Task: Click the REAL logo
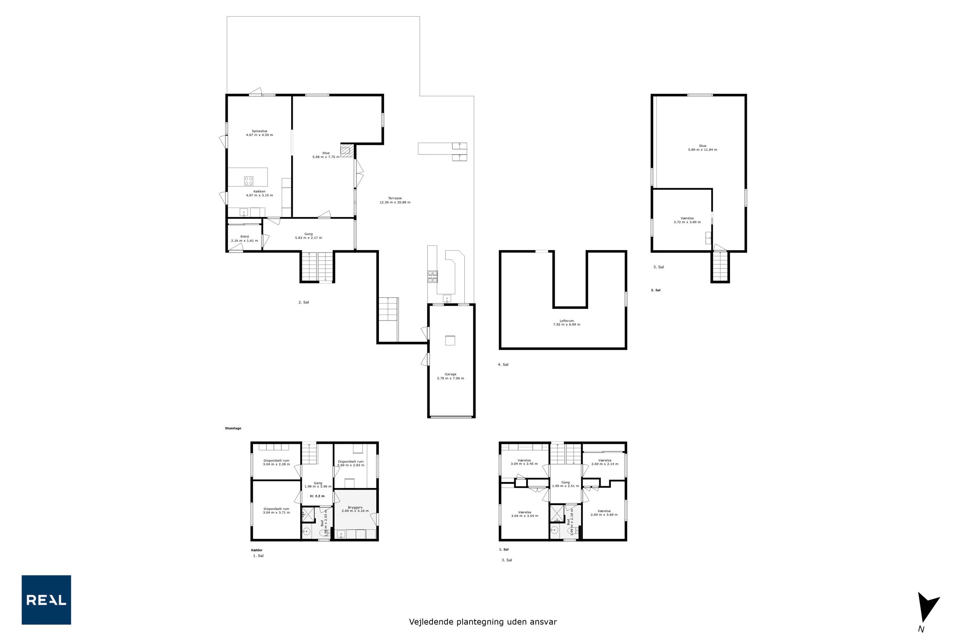(46, 600)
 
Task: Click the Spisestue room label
(259, 133)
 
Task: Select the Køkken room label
(259, 193)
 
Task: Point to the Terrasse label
(395, 201)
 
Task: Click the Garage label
(450, 376)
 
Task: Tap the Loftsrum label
(567, 323)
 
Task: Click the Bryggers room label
(355, 509)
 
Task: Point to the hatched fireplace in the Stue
(347, 150)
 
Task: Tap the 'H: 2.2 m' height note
(317, 496)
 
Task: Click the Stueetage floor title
(233, 428)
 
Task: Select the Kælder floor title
(256, 550)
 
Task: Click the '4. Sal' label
(503, 365)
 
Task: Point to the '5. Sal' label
(659, 267)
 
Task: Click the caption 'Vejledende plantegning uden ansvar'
(483, 622)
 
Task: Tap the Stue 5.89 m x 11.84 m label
(703, 148)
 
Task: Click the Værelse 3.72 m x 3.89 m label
(687, 220)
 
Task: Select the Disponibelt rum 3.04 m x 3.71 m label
(276, 511)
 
